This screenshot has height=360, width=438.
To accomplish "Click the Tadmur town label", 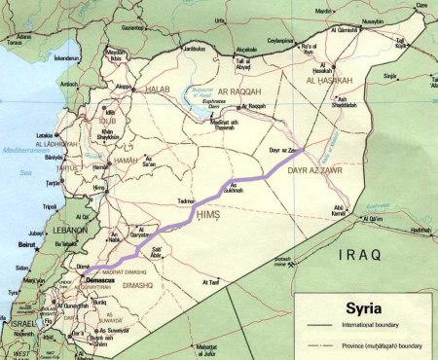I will [x=187, y=199].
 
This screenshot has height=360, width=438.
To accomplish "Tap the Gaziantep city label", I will [x=132, y=28].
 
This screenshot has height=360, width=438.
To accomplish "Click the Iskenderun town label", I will [x=68, y=57].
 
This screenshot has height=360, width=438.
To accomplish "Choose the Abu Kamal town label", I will [x=340, y=208].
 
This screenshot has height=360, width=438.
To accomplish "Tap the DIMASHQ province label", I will [x=137, y=286].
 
